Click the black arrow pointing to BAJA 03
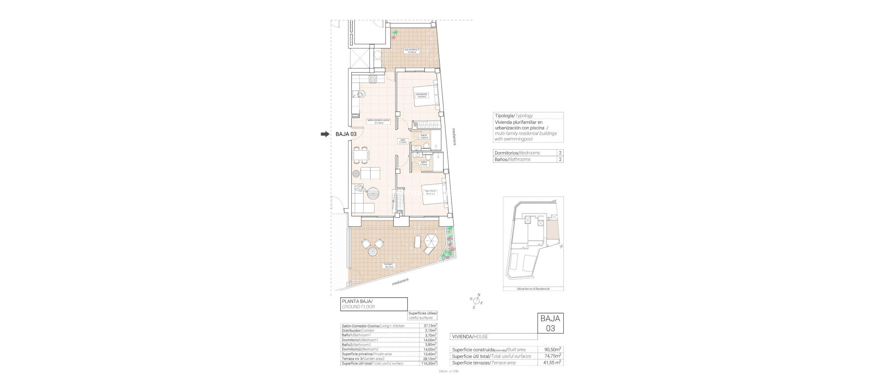tap(325, 134)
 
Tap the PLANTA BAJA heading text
tap(358, 301)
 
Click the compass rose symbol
tap(476, 301)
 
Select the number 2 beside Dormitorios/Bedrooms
tap(560, 153)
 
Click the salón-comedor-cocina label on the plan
tap(378, 121)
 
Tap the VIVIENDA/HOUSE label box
tap(469, 337)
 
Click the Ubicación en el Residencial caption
tap(533, 289)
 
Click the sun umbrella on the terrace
tap(430, 241)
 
